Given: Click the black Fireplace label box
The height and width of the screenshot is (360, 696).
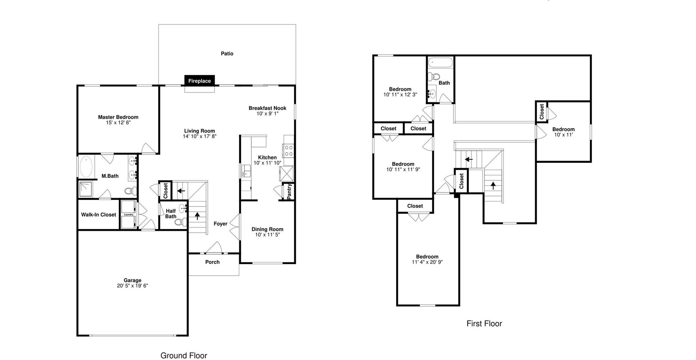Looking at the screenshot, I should [x=199, y=80].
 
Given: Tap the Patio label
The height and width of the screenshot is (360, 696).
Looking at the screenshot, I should [x=227, y=53].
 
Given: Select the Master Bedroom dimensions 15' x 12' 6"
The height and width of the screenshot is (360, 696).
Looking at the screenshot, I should [x=118, y=123].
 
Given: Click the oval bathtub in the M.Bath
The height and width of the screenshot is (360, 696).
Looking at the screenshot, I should [x=86, y=167].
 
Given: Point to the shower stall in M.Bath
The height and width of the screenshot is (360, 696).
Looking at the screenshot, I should [x=86, y=190].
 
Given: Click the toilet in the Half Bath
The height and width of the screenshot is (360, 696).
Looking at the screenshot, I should [x=180, y=222].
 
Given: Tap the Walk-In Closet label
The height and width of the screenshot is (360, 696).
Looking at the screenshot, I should [x=99, y=215].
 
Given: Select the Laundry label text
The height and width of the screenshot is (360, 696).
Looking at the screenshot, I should [x=128, y=214].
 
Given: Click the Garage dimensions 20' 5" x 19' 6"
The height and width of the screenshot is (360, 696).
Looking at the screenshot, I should [x=132, y=286].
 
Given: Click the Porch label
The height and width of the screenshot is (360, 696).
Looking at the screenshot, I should [x=212, y=262].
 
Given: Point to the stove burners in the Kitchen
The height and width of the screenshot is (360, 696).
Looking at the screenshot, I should [x=289, y=150].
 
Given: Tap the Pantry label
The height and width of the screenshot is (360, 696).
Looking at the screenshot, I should [x=289, y=192].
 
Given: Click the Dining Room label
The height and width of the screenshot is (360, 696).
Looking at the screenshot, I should [x=267, y=229].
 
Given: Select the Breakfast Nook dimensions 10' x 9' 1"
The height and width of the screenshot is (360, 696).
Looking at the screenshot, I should [x=267, y=113].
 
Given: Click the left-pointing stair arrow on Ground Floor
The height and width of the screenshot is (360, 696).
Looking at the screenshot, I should [x=181, y=191].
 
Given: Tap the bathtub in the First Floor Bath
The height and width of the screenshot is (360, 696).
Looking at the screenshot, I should [x=440, y=63].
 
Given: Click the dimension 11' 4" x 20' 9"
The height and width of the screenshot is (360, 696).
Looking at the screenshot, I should [x=427, y=262].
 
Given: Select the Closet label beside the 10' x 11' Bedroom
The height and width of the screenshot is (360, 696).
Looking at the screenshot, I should [x=542, y=111].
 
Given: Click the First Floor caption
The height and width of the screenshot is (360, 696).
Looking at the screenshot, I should [x=484, y=323].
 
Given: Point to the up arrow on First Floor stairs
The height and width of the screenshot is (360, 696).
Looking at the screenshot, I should [x=493, y=185].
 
